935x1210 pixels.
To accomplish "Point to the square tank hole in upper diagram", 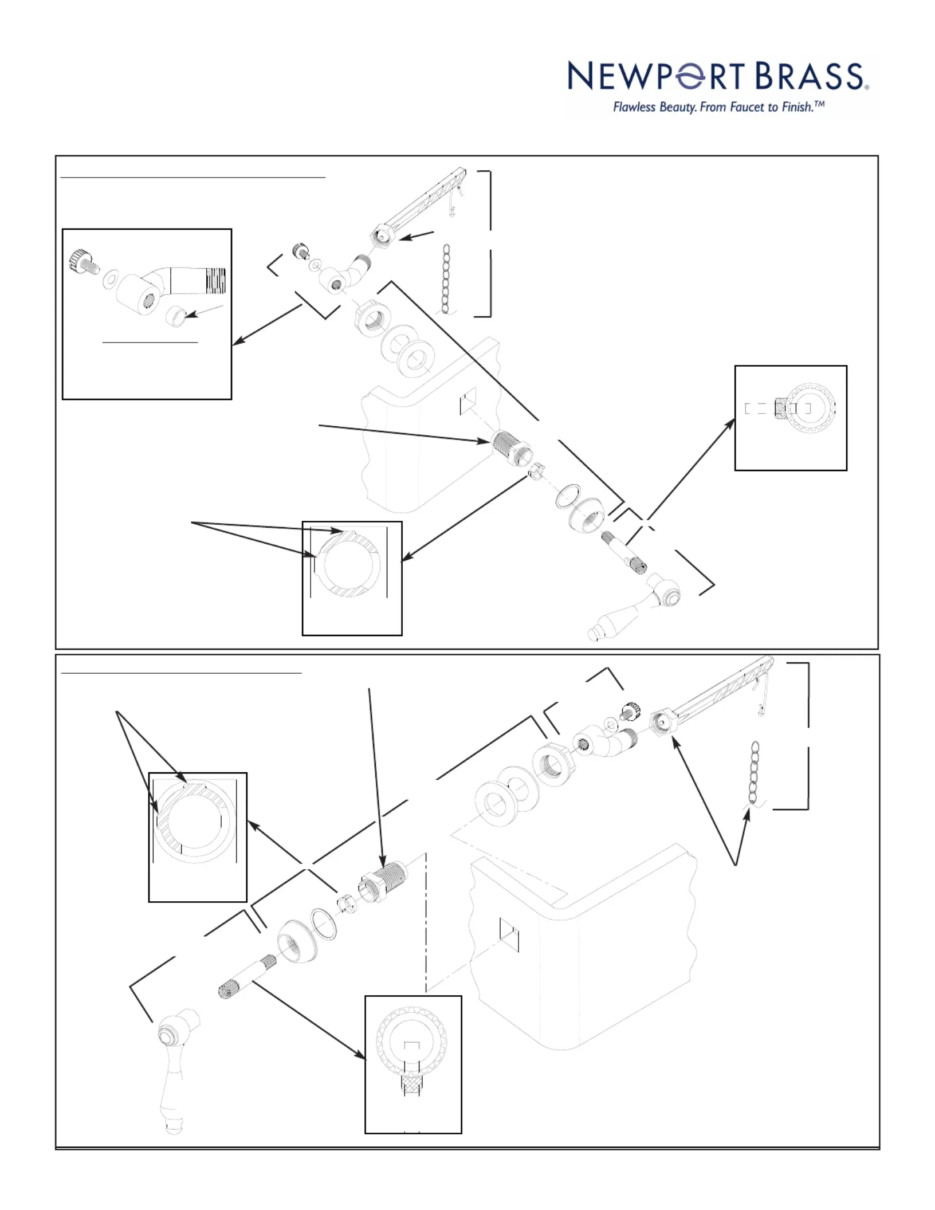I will [x=468, y=401].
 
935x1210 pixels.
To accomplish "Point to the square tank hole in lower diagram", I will [x=509, y=935].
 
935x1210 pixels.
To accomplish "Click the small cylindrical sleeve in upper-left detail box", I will [x=177, y=317].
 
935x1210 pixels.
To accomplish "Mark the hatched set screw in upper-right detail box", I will [x=780, y=408].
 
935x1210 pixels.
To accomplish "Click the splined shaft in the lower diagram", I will [x=246, y=977].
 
